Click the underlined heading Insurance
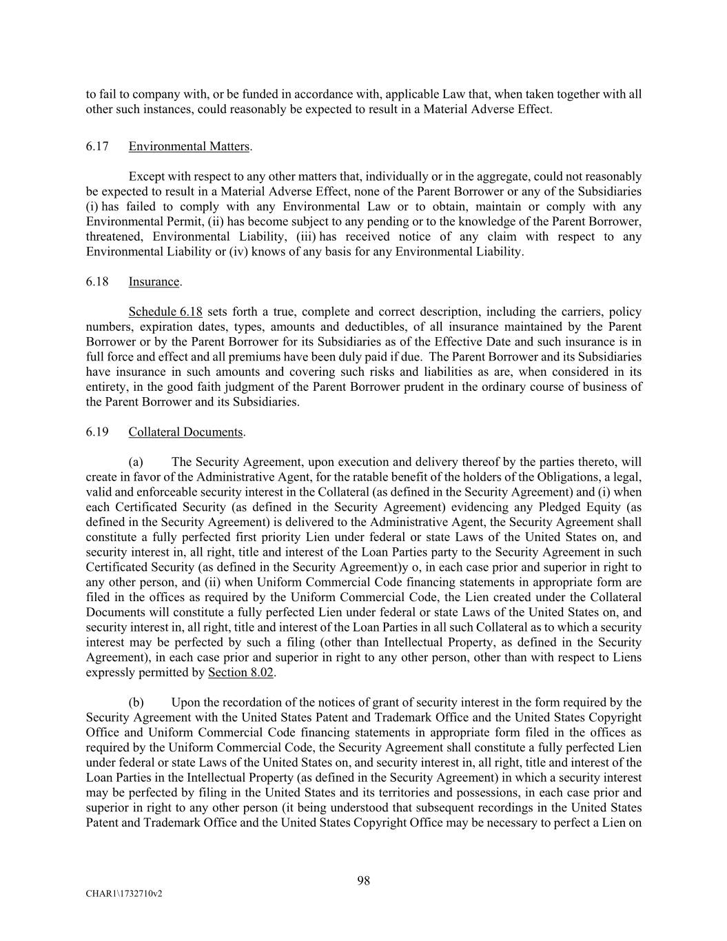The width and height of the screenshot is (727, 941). [154, 282]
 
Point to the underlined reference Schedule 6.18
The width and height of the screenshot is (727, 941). [165, 312]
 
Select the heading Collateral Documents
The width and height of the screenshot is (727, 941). [185, 432]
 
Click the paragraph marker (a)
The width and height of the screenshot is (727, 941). [136, 462]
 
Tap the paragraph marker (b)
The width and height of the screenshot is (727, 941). [136, 702]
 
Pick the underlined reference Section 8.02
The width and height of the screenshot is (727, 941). [241, 672]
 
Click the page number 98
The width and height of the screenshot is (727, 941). [364, 880]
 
